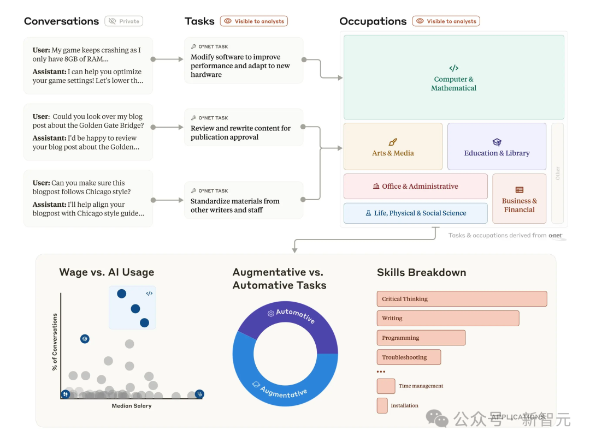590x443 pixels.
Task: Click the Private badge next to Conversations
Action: coord(124,21)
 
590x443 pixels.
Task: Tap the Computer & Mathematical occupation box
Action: coord(453,77)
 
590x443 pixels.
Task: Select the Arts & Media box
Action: coord(393,147)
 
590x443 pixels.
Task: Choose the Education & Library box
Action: coord(497,147)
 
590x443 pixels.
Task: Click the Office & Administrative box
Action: coord(415,186)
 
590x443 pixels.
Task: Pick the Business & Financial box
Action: coord(519,199)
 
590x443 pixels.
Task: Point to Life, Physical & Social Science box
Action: coord(415,213)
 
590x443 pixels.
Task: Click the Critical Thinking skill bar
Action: coord(462,299)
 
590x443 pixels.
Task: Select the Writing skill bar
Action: coord(447,318)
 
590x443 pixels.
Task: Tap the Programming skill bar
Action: coord(421,338)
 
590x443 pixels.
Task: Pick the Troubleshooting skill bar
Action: coord(409,357)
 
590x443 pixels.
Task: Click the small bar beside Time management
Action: coord(386,386)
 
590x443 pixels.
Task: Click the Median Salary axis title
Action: coord(132,406)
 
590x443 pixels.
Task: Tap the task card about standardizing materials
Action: coord(244,200)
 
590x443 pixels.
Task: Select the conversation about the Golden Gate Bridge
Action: coord(88,131)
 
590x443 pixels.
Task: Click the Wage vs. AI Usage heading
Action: coord(107,272)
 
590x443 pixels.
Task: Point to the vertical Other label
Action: coord(557,173)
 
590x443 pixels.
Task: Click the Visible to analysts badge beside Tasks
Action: coord(254,21)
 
